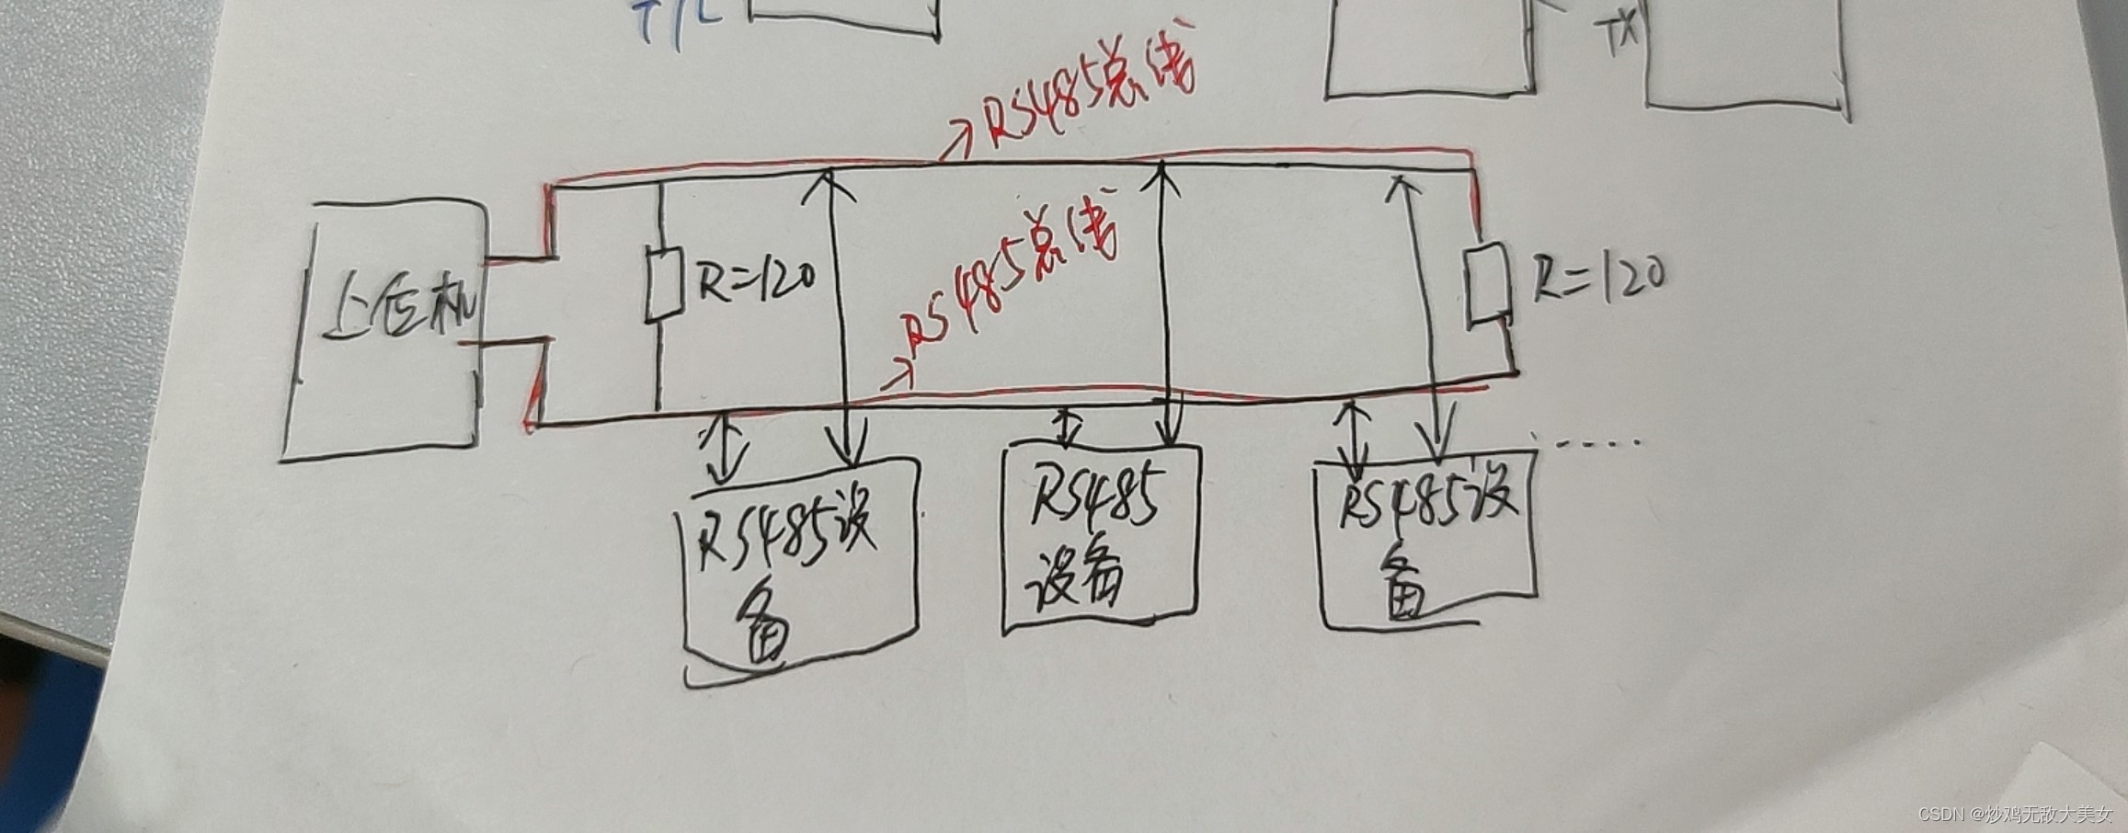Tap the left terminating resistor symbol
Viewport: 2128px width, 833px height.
point(661,285)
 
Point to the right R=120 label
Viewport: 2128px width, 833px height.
point(1598,276)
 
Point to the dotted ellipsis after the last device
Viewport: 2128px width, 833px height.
point(1600,443)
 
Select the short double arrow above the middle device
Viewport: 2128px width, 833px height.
point(1066,427)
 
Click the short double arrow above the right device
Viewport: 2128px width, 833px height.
point(1353,436)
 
